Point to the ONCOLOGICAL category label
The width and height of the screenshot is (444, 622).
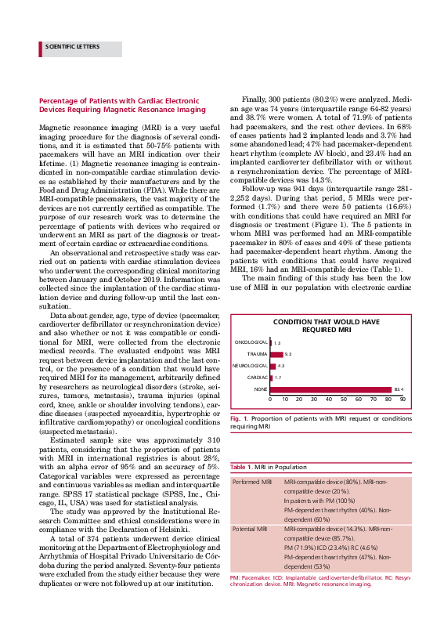[251, 342]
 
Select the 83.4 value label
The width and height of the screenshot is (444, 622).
[398, 389]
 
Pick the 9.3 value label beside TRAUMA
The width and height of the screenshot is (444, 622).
[288, 354]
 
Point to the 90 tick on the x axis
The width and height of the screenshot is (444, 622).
[402, 400]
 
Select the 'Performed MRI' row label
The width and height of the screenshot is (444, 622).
[251, 480]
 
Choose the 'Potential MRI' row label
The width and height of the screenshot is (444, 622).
[251, 530]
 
